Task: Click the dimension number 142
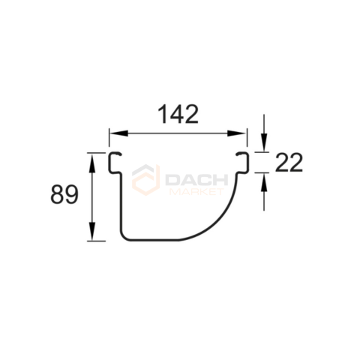(x=178, y=115)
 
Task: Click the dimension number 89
(x=64, y=194)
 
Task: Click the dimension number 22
(x=289, y=163)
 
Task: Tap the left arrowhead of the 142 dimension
(x=118, y=133)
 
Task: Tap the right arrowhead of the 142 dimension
(x=236, y=133)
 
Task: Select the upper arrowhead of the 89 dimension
(x=92, y=163)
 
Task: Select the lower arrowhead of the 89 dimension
(x=92, y=231)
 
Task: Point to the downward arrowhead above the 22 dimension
(x=264, y=142)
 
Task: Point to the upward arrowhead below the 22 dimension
(x=264, y=182)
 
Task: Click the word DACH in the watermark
(x=196, y=179)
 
